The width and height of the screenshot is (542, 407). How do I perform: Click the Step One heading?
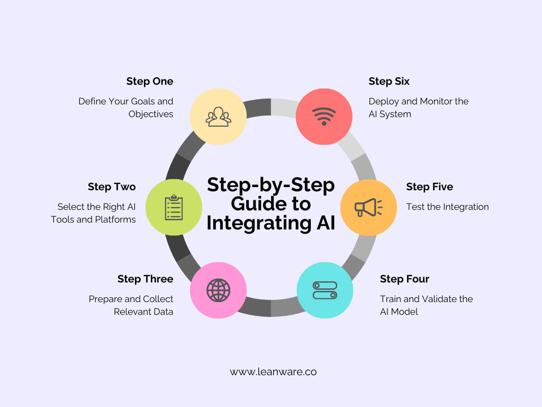149,82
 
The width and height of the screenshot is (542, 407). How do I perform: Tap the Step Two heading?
112,187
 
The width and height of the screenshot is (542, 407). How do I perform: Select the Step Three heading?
145,279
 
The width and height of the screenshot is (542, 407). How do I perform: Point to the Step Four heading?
404,279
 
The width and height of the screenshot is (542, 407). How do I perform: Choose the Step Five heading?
429,187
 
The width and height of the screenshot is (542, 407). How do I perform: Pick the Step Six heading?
389,82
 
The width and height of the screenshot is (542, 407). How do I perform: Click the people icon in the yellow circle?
218,117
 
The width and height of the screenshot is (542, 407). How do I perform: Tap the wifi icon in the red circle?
324,116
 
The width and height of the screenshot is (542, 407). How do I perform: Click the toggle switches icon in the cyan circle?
324,290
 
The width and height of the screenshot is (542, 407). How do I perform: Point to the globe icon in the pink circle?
218,290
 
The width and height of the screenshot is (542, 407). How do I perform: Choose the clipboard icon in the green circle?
174,207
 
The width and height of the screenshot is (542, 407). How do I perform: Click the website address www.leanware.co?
273,372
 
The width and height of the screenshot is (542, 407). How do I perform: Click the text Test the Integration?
447,207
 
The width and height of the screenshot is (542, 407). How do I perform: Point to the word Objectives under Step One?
151,114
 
